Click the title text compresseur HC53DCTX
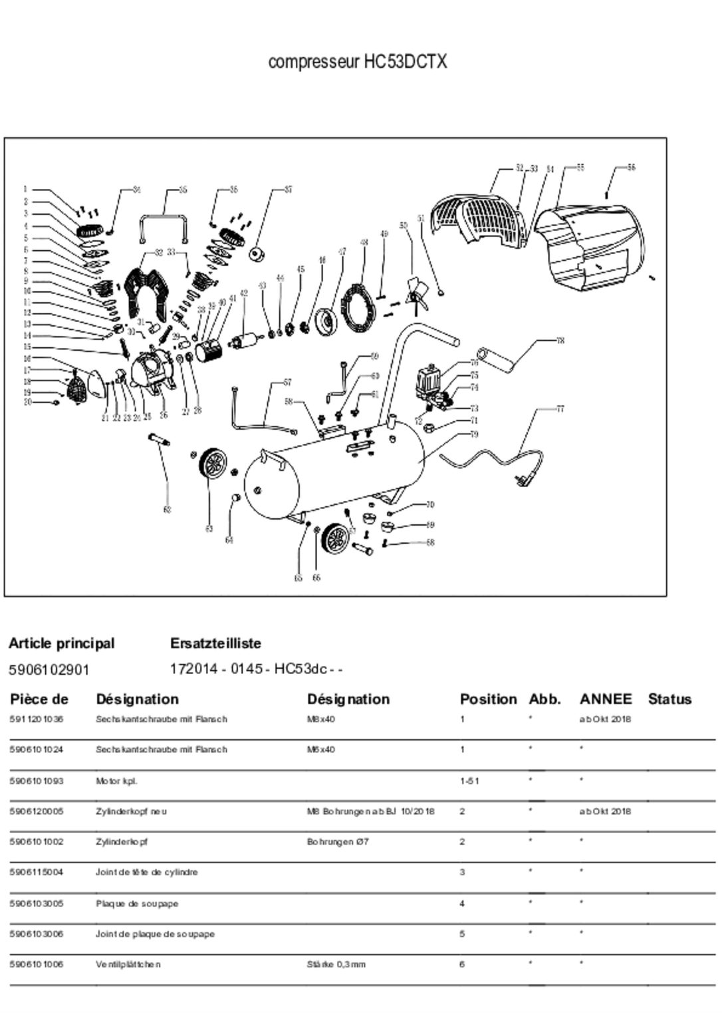click(x=357, y=62)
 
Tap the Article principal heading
click(x=61, y=643)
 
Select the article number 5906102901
click(x=49, y=669)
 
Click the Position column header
click(x=488, y=699)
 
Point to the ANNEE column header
click(x=605, y=699)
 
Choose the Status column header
click(x=669, y=699)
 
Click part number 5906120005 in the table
click(x=37, y=811)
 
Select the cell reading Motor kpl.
click(x=116, y=780)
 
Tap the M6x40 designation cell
click(x=320, y=749)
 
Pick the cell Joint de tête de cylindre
click(x=146, y=872)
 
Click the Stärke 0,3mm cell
click(x=336, y=964)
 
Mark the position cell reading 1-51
click(x=469, y=780)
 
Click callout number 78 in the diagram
click(x=560, y=341)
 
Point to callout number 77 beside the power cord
click(x=560, y=409)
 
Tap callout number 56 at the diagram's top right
click(x=631, y=167)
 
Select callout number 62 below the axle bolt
click(x=167, y=510)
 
